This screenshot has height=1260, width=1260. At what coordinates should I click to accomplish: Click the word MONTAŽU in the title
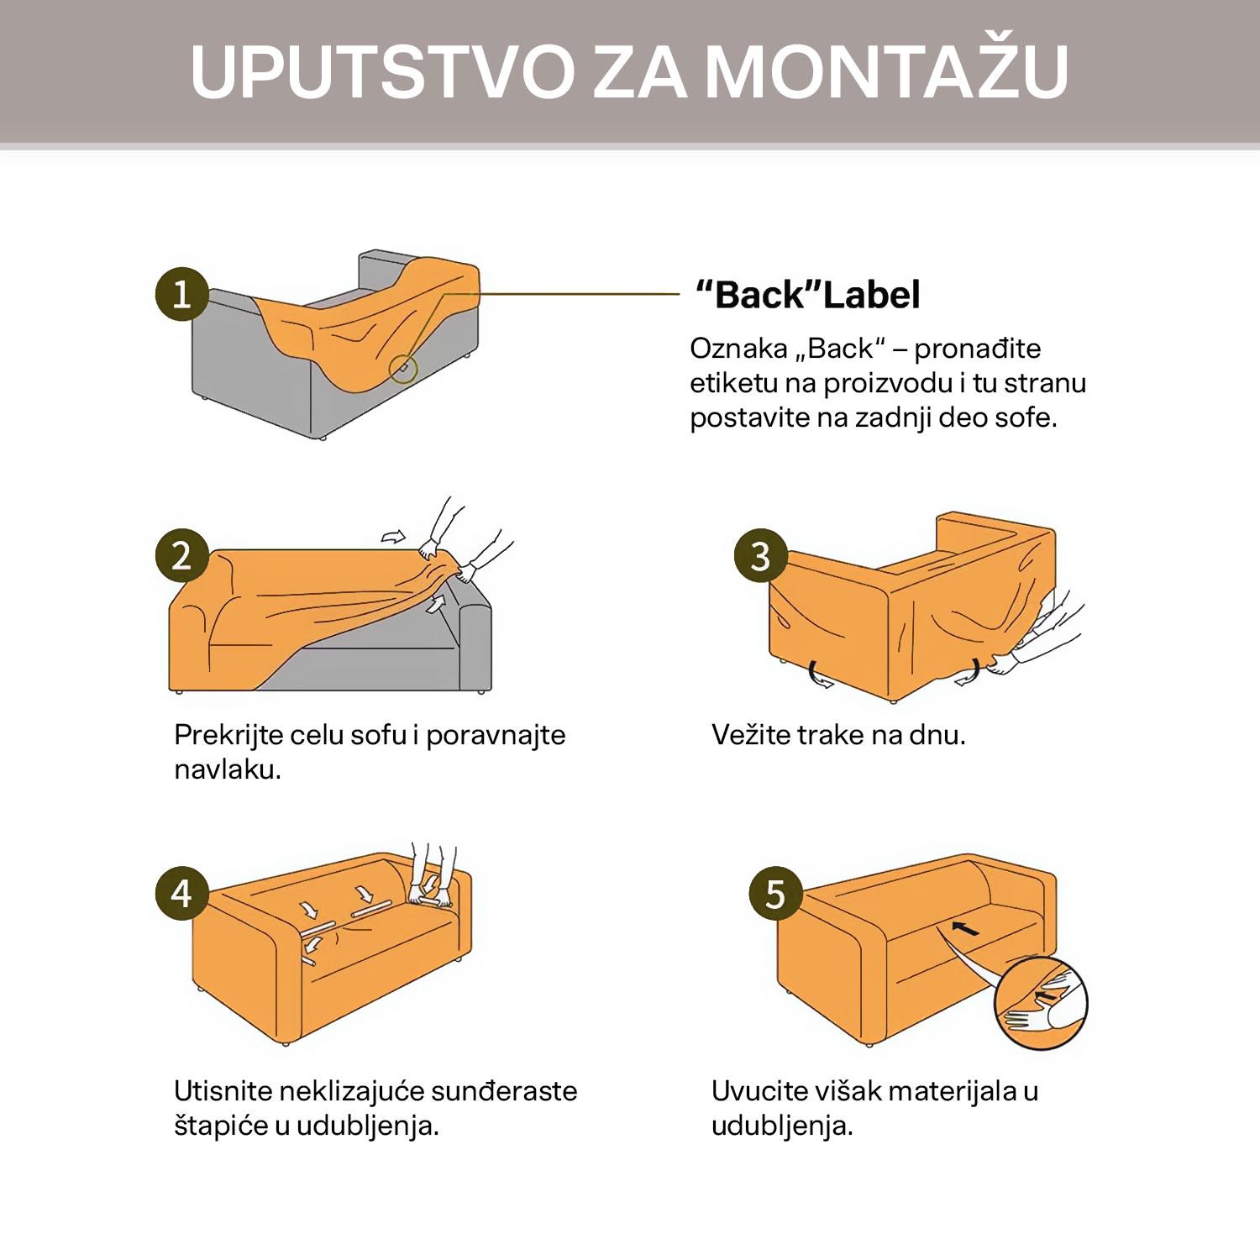[886, 71]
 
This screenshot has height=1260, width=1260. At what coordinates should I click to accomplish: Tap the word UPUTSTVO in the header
[382, 71]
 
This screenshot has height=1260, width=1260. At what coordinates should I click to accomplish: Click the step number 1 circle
[181, 294]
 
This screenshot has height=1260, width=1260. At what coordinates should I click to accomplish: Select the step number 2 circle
[181, 556]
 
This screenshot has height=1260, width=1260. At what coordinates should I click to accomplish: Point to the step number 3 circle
[760, 556]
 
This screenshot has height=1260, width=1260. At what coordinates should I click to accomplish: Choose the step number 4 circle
[181, 893]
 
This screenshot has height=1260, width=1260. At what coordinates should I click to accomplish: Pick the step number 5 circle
[774, 893]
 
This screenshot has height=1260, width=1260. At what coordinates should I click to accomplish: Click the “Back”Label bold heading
[808, 295]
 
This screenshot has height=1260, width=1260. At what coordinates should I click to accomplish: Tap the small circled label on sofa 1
[404, 369]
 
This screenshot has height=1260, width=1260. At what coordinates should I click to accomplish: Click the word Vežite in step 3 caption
[751, 735]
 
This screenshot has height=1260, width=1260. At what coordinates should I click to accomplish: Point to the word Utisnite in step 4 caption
[223, 1091]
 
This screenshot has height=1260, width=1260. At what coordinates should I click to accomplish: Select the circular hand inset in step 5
[1041, 1004]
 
